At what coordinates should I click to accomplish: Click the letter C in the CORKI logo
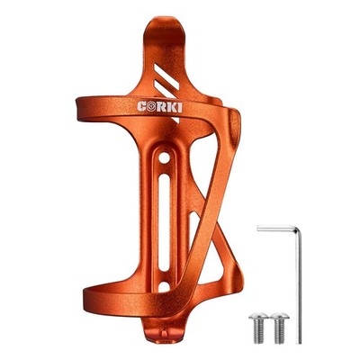[142, 106]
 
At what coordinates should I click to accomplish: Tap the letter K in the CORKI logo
[171, 107]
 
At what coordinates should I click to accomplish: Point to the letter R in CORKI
[161, 107]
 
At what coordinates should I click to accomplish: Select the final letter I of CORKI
[179, 107]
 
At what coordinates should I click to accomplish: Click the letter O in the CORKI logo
[151, 106]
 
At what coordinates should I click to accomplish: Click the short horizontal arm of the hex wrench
[276, 229]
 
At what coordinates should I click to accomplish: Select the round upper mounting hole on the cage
[164, 158]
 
